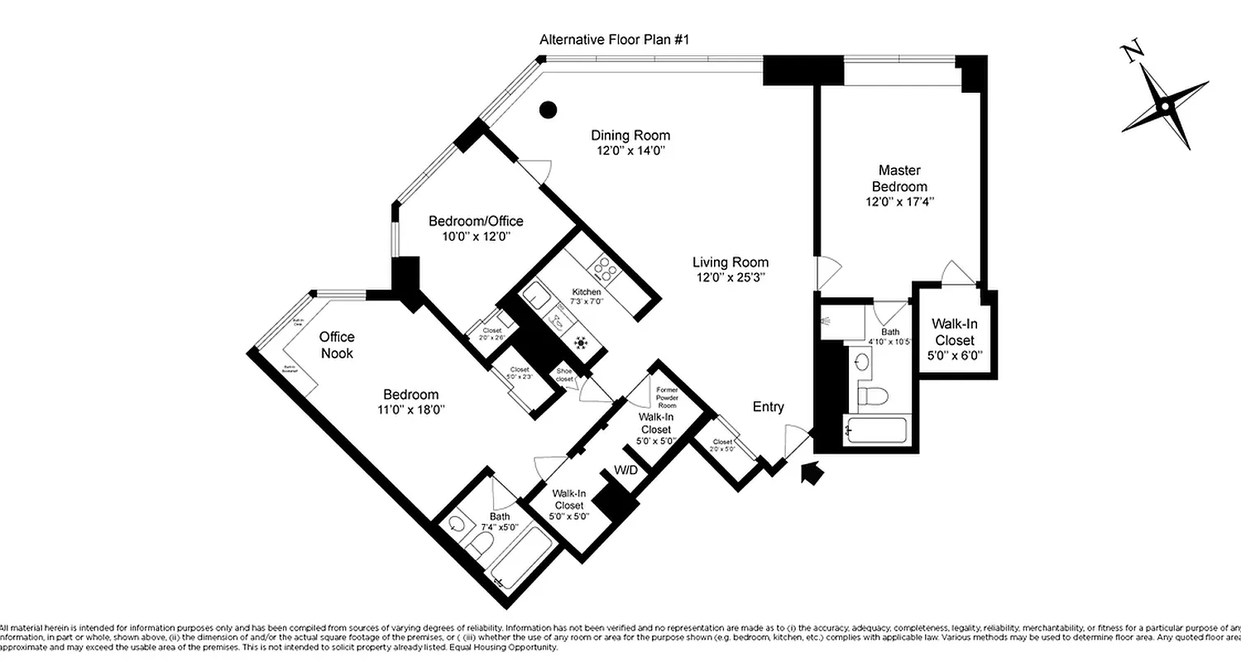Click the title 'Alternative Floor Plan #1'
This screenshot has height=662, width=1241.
614,40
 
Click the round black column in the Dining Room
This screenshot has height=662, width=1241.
547,108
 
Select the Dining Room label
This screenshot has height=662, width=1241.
630,136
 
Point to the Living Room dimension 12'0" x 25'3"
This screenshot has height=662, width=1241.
731,278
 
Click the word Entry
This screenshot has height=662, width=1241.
768,407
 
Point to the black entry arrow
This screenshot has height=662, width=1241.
813,473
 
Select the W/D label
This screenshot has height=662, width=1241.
625,471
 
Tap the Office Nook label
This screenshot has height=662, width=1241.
337,345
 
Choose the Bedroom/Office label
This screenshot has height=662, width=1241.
476,221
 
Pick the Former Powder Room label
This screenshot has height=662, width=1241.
666,397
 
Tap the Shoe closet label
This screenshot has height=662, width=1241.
565,375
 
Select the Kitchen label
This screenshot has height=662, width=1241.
586,292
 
